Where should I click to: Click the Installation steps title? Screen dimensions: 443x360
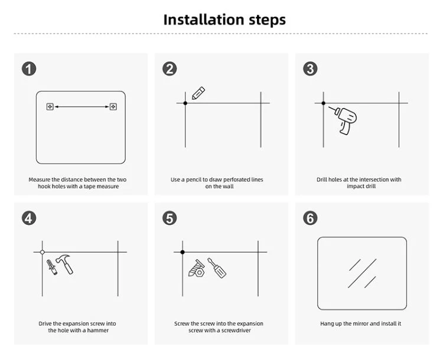pos(224,20)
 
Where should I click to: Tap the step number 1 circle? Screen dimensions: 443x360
pos(29,69)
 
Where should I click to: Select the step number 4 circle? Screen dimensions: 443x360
pos(29,218)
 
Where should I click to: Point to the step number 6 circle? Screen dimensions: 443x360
pos(310,218)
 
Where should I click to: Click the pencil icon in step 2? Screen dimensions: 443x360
pos(198,93)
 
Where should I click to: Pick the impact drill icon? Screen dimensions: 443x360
pos(343,120)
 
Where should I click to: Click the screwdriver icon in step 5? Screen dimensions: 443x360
pos(217,268)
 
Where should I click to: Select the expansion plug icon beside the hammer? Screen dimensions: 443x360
pos(52,267)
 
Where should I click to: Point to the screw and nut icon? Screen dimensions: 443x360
pos(197,269)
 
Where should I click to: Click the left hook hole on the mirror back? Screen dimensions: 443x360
pos(50,107)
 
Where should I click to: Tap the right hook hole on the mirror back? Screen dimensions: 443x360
pos(113,107)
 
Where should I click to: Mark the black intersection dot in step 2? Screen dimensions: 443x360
pos(185,103)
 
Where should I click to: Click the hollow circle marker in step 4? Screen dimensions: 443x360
pos(43,252)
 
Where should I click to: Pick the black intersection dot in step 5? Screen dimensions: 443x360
pos(183,252)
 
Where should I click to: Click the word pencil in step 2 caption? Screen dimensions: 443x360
pos(194,180)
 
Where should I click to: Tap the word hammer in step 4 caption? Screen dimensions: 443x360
pos(97,330)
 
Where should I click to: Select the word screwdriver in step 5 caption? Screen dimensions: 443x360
pos(236,330)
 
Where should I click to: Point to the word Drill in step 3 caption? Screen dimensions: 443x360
pos(321,179)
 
